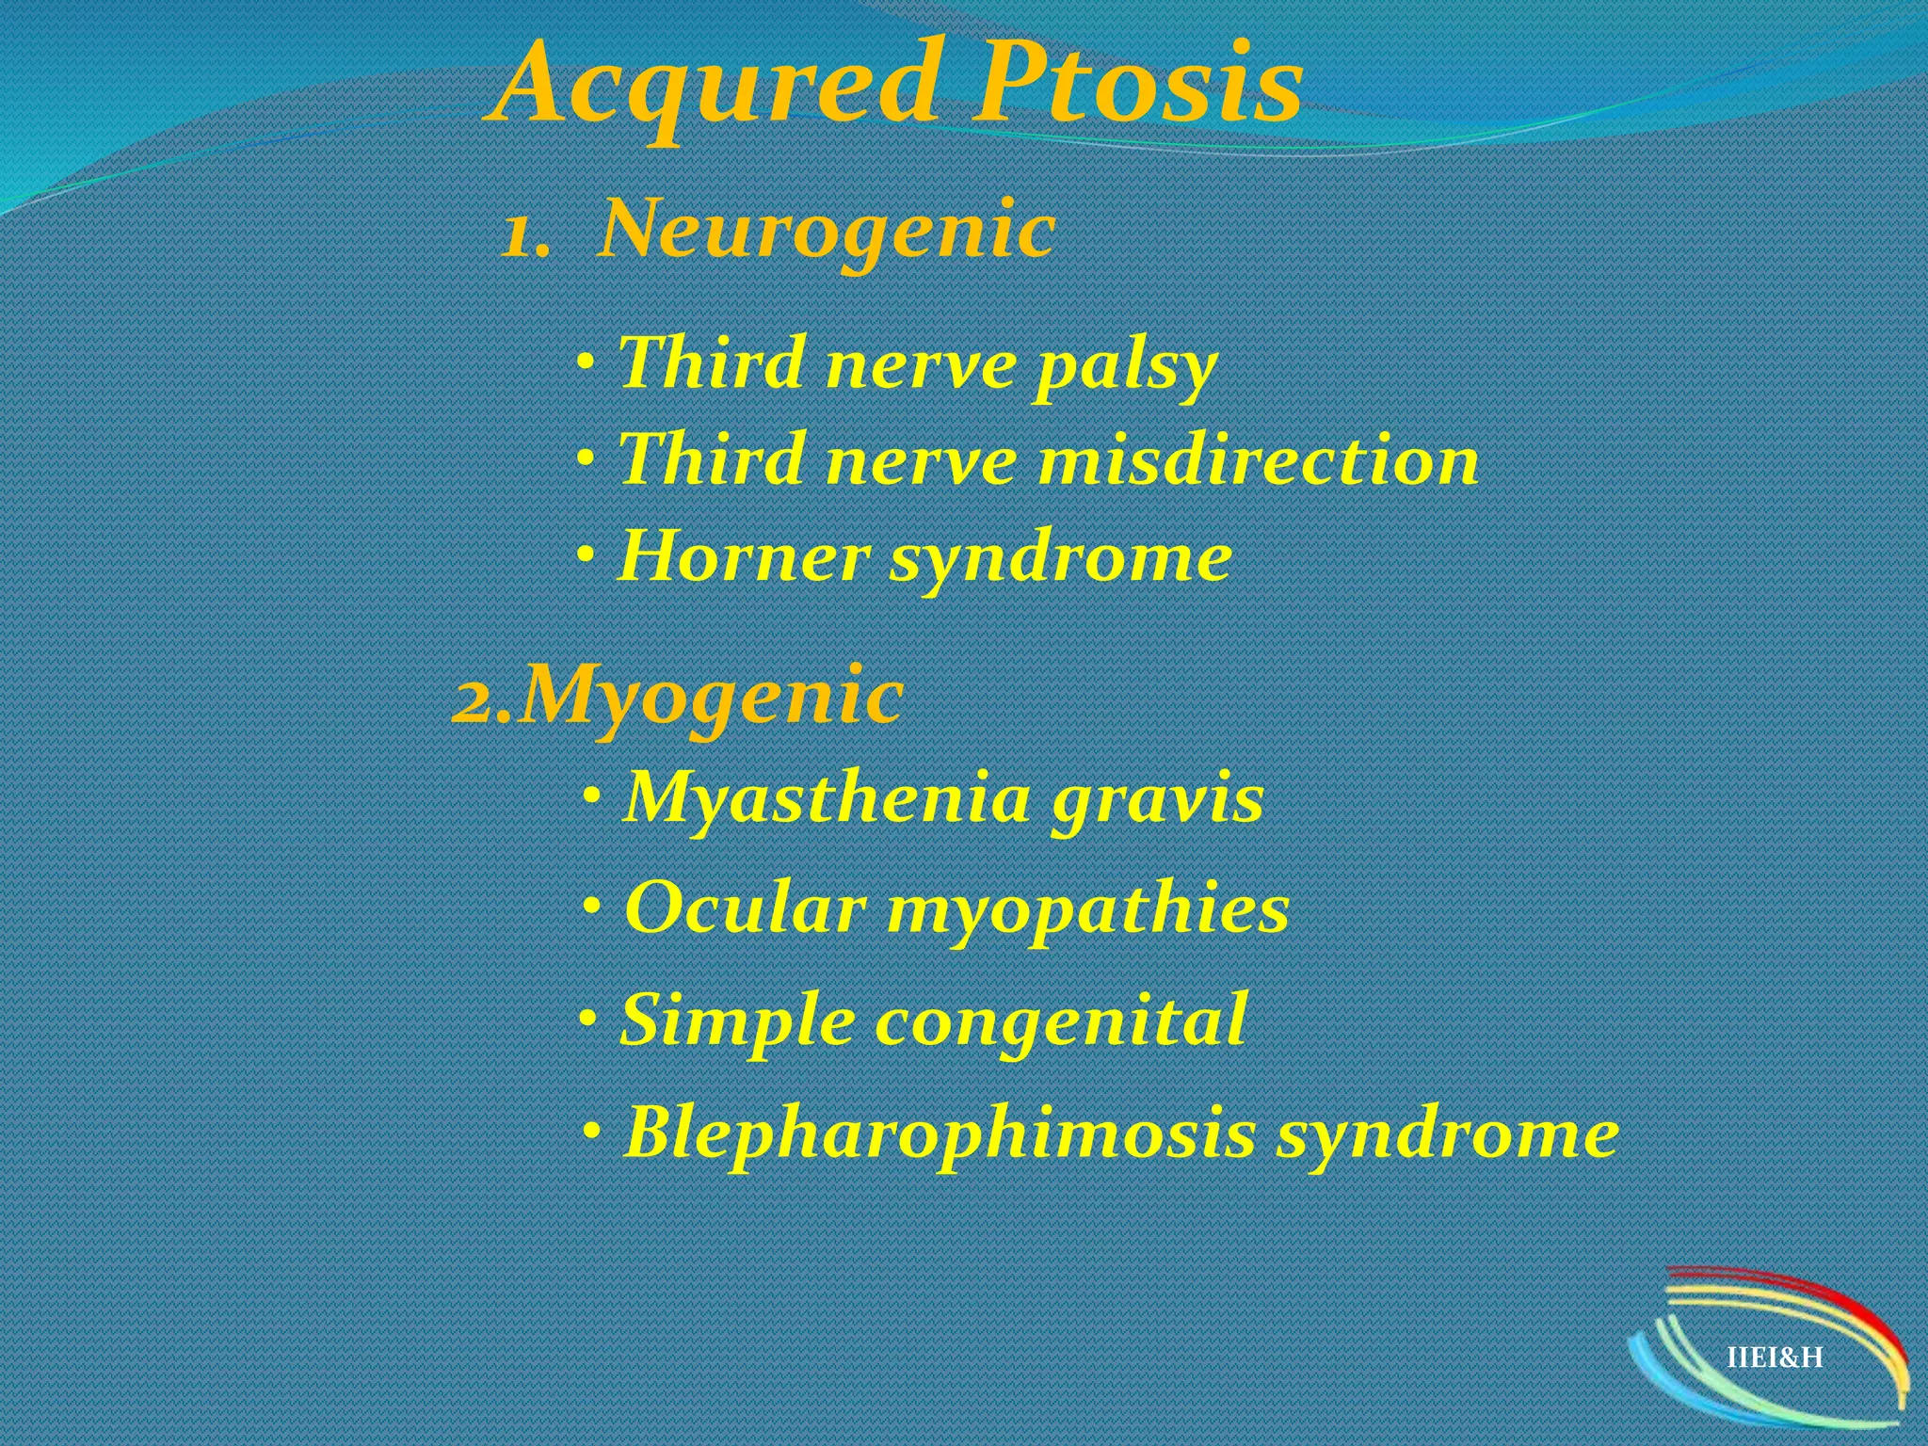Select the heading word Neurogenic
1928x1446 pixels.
[827, 231]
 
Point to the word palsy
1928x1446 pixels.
[1125, 367]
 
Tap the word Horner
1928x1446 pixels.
[742, 557]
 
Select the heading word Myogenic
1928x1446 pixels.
[712, 698]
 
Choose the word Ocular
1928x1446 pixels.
[745, 909]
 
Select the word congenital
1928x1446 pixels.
[1061, 1022]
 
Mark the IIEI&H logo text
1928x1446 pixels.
[1775, 1358]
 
